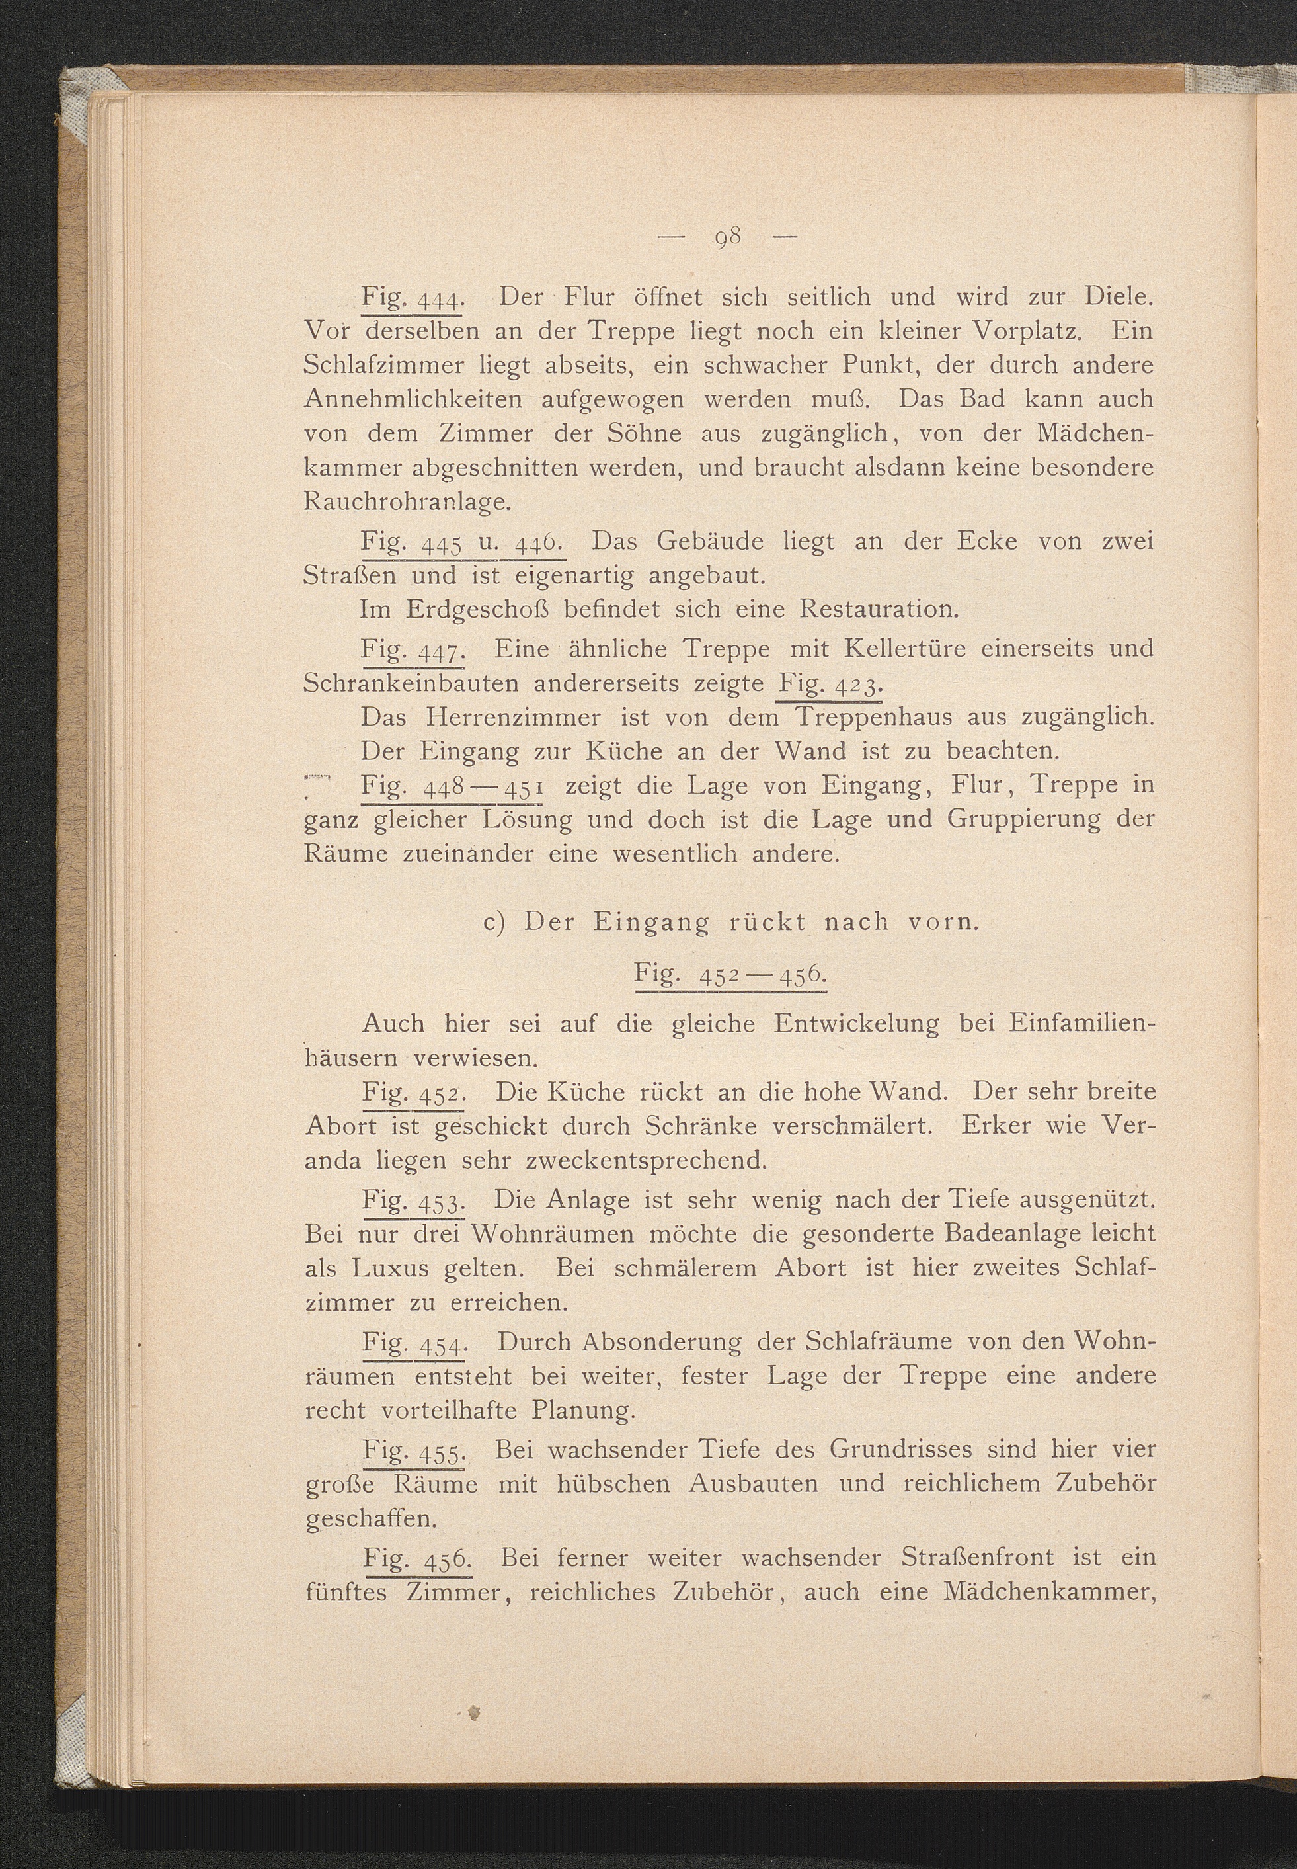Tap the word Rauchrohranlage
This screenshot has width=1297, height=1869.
pos(407,503)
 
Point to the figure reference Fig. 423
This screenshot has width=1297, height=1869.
pos(830,684)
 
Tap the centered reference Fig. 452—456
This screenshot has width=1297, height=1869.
pos(730,975)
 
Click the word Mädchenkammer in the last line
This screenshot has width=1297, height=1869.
pos(1049,1592)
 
